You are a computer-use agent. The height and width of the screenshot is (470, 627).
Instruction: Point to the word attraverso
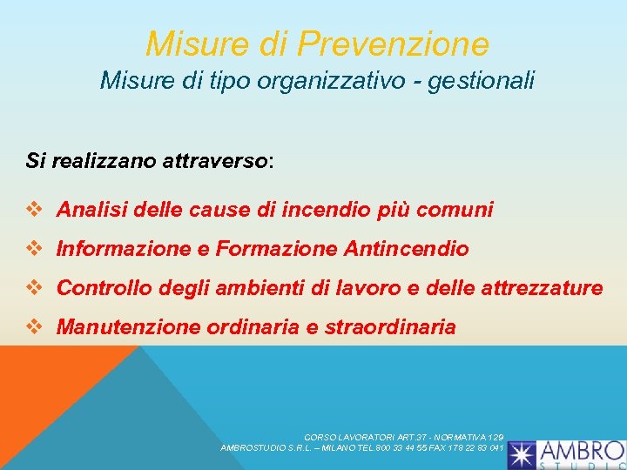(215, 161)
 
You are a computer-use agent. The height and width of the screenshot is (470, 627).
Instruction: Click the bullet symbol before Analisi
(35, 210)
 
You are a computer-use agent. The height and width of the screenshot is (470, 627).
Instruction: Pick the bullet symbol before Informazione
(35, 249)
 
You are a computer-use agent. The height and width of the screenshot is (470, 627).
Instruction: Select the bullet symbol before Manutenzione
(35, 327)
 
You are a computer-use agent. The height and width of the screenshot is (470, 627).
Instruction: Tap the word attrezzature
(538, 288)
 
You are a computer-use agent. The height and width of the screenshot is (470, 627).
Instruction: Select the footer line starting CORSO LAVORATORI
(403, 437)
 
